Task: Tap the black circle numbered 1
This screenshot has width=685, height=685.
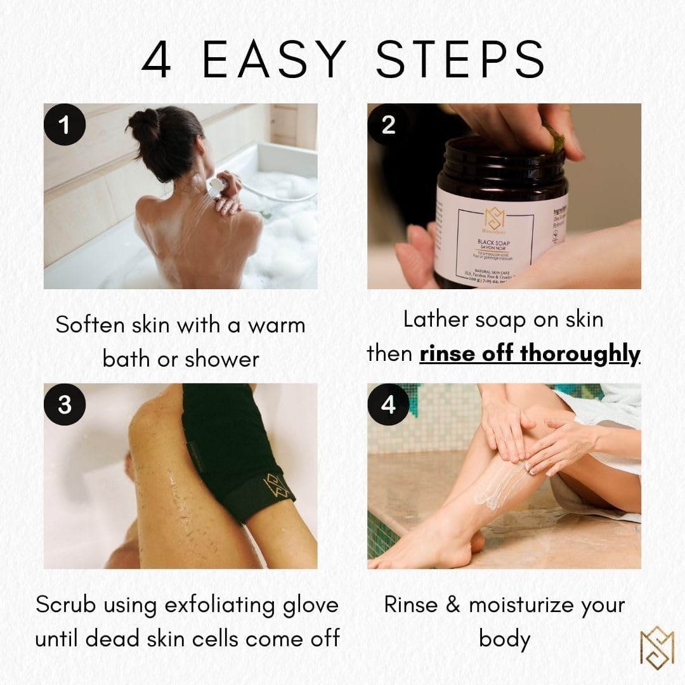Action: (x=64, y=125)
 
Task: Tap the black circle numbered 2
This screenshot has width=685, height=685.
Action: (x=388, y=125)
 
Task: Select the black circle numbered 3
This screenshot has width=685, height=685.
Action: (x=64, y=404)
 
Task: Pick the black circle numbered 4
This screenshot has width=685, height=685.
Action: (x=388, y=404)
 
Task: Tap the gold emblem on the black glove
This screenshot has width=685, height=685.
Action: (x=275, y=486)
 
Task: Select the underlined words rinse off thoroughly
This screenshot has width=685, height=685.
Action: (x=530, y=353)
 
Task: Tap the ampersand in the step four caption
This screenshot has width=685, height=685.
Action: (x=452, y=604)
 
